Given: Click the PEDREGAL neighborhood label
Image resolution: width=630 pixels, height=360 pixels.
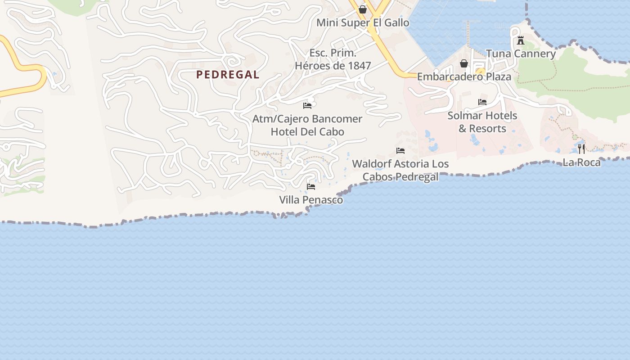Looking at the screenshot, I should (x=228, y=75).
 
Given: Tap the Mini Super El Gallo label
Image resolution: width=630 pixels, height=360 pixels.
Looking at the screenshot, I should (x=363, y=22).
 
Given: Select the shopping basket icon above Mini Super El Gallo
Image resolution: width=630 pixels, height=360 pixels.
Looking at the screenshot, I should (x=363, y=9).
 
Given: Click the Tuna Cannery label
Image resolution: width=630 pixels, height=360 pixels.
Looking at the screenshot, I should (x=521, y=54).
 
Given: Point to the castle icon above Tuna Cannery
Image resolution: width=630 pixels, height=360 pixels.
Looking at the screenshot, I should (x=521, y=40).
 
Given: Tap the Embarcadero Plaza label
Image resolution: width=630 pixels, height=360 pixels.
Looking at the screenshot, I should (x=464, y=76).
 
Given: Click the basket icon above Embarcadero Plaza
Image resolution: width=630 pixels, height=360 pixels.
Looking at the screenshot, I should (x=464, y=63).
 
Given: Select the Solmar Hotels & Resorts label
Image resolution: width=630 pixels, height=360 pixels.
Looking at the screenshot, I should (x=482, y=122).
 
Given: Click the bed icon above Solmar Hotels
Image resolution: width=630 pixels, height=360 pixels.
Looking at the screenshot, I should (x=482, y=102).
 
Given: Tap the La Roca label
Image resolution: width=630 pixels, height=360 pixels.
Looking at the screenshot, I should (x=581, y=162).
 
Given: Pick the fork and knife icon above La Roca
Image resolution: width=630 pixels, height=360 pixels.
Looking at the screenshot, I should (x=581, y=148).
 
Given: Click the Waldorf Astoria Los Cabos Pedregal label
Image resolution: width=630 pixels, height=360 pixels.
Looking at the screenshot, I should (x=400, y=170).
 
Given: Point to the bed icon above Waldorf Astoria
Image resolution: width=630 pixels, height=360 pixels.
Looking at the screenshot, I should (x=400, y=150).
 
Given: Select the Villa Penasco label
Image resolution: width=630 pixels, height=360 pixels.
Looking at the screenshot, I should (x=311, y=200).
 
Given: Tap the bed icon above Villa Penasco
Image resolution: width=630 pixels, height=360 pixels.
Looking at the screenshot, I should (x=311, y=186).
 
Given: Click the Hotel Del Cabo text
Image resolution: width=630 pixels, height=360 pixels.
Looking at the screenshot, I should (x=307, y=132).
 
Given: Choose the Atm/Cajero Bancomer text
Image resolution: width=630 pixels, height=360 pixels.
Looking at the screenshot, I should (x=307, y=119).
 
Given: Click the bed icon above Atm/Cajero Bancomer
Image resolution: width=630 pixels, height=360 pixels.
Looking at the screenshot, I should (x=307, y=105).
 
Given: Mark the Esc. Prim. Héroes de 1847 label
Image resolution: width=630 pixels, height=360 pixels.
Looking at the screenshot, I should (x=333, y=59).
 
